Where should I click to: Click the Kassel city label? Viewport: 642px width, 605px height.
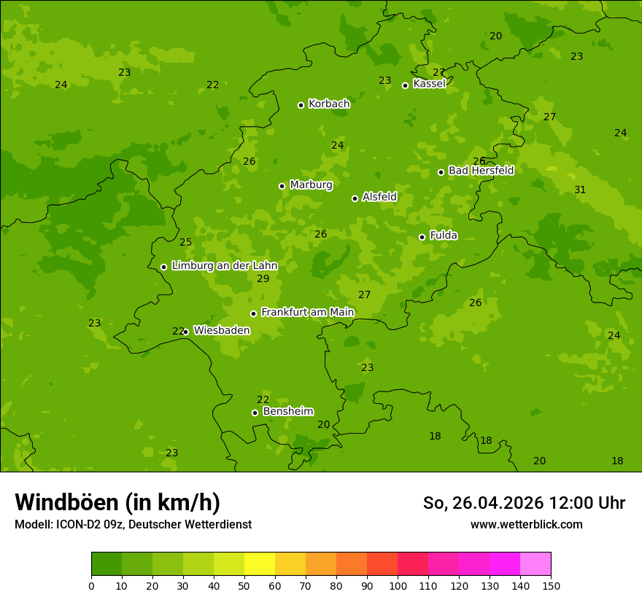coord(429,84)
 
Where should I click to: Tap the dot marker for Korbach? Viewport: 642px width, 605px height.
coord(301,105)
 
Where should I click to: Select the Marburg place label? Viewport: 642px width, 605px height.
coord(311,185)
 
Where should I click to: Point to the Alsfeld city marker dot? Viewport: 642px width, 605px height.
coord(355,198)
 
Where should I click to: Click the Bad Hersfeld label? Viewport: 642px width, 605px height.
coord(481,171)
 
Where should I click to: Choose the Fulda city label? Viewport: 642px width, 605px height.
coord(444,235)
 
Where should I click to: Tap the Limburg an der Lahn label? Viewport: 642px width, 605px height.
coord(224,265)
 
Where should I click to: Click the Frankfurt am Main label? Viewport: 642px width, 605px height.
coord(307,312)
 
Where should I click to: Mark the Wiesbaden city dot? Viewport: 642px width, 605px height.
coord(185,332)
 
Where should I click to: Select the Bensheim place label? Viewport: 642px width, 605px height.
coord(287,411)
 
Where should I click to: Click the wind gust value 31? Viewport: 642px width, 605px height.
coord(580,190)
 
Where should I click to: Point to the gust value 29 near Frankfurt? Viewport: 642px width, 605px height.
coord(263,278)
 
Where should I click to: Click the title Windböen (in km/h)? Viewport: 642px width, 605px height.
coord(117,502)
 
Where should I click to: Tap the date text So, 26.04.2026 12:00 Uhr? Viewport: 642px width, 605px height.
coord(524,503)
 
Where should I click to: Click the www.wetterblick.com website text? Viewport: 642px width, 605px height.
coord(526,524)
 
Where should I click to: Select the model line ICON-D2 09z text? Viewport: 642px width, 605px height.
coord(133,524)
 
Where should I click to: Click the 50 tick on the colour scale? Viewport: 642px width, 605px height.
coord(244,585)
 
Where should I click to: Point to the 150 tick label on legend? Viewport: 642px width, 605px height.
coord(551,585)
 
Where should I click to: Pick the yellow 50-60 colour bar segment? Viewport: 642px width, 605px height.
coord(260,564)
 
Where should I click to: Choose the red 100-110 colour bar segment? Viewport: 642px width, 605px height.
coord(413,564)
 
